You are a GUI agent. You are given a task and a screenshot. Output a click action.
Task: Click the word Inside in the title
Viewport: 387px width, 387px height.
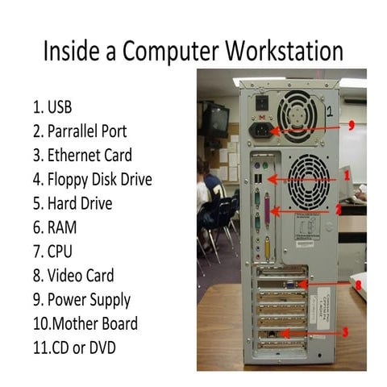pyautogui.click(x=72, y=51)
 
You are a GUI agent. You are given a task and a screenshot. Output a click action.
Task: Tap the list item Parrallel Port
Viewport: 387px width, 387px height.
pyautogui.click(x=79, y=131)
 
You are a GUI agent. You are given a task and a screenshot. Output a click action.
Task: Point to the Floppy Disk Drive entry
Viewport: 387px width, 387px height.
pyautogui.click(x=92, y=179)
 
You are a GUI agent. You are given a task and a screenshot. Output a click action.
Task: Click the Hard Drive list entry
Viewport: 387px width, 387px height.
pyautogui.click(x=73, y=203)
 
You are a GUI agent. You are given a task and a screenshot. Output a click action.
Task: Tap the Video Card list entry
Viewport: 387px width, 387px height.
pyautogui.click(x=73, y=276)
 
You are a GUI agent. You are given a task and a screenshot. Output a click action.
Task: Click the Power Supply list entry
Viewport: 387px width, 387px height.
pyautogui.click(x=81, y=300)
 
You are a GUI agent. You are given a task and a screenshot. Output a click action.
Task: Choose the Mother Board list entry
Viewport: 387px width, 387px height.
pyautogui.click(x=85, y=324)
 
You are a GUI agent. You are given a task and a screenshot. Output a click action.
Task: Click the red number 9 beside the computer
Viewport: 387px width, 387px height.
pyautogui.click(x=352, y=126)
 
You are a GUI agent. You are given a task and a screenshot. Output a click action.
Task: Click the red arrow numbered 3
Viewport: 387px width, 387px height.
pyautogui.click(x=314, y=331)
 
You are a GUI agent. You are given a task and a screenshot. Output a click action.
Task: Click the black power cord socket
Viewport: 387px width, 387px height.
pyautogui.click(x=262, y=130)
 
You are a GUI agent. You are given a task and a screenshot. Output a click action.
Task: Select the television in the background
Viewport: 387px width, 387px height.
pyautogui.click(x=215, y=119)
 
